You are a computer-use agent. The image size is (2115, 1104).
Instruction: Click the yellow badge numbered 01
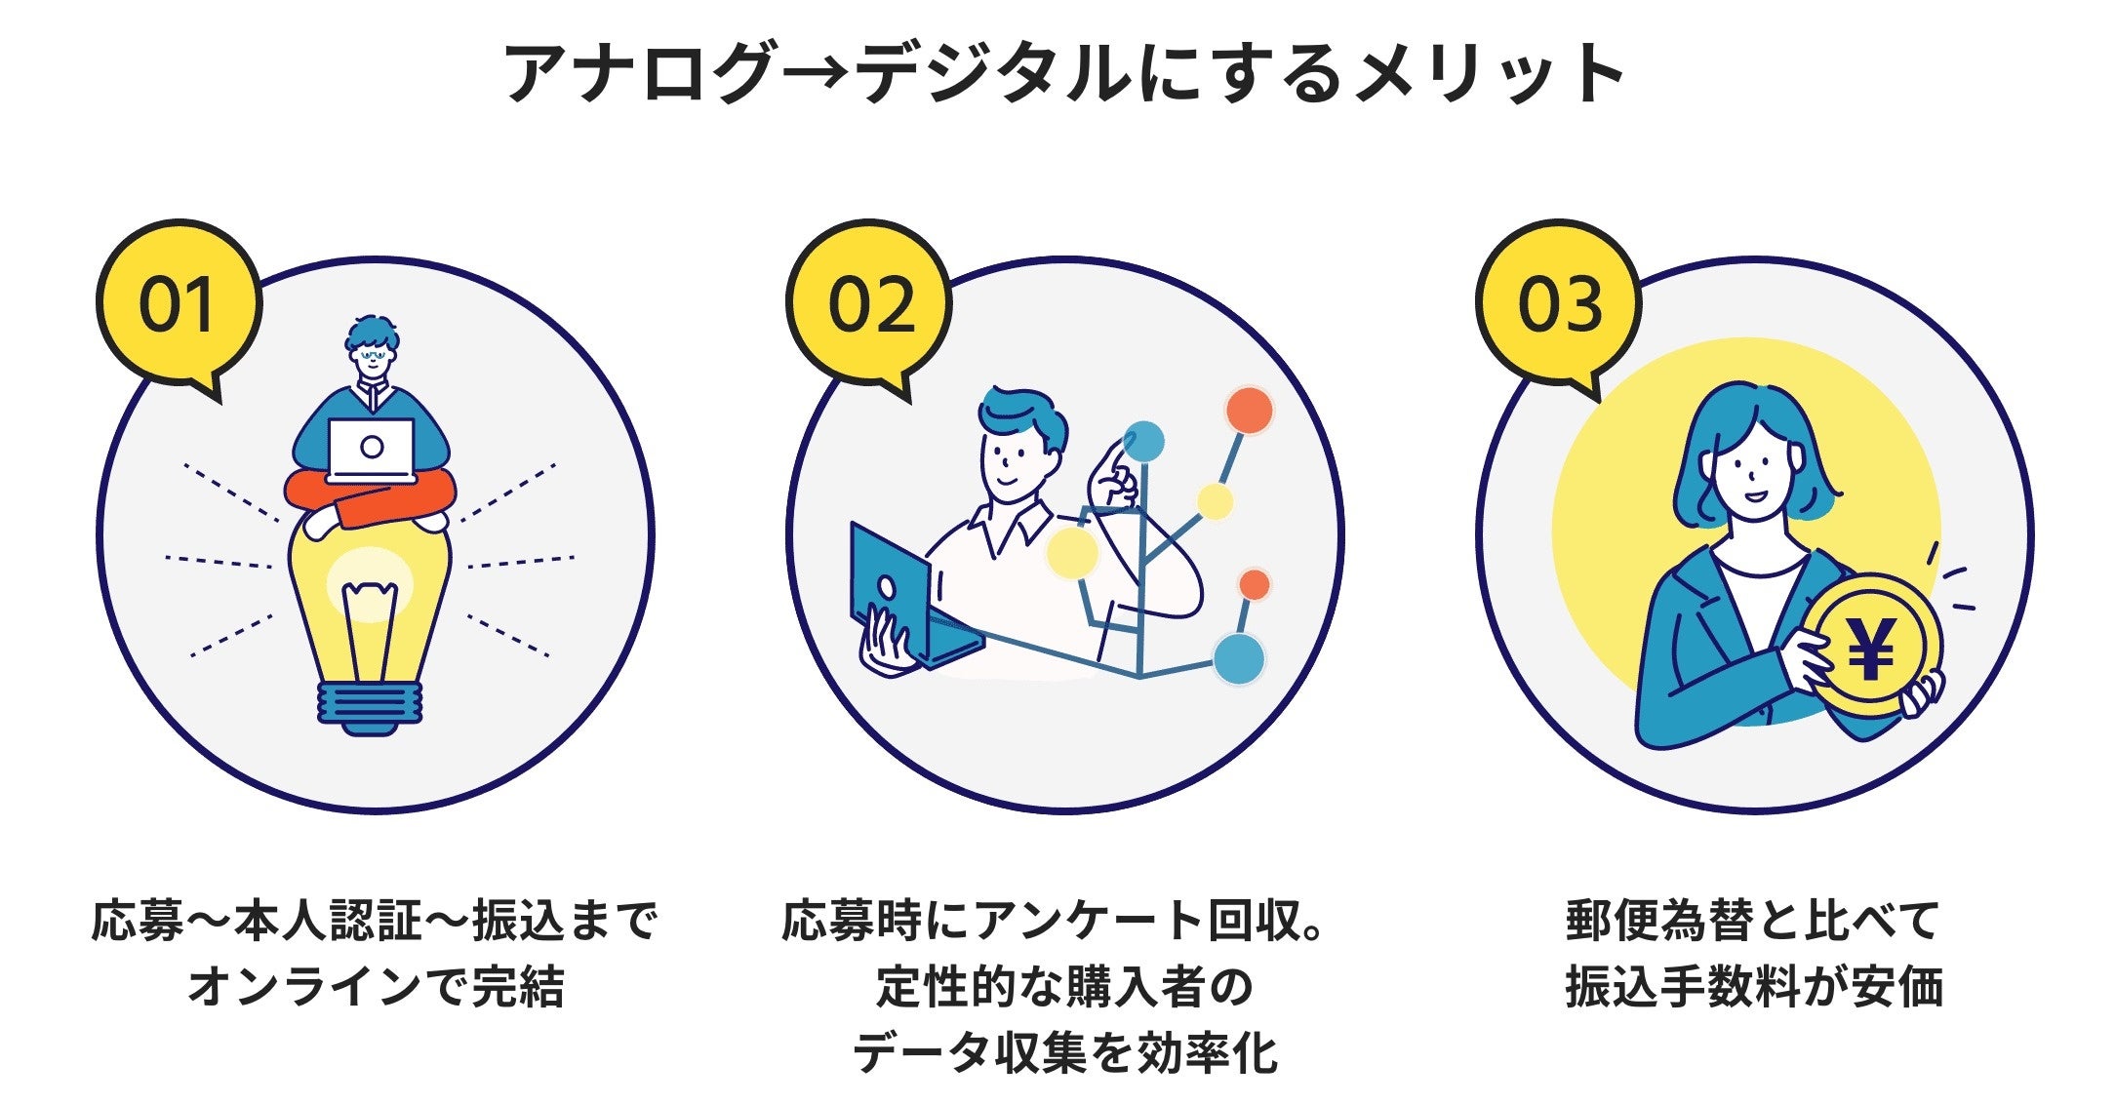(x=178, y=304)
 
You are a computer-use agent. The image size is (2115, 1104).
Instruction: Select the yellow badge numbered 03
(x=1559, y=304)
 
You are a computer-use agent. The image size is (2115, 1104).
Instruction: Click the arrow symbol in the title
(x=815, y=73)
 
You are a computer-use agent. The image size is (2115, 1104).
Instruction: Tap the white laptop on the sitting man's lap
(x=371, y=450)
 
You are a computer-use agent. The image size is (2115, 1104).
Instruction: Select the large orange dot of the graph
(x=1249, y=411)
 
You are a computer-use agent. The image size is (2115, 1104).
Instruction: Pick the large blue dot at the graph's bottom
(x=1238, y=657)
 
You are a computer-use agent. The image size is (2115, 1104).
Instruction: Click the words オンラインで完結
(x=376, y=987)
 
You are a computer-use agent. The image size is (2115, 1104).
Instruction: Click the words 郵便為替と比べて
(x=1753, y=921)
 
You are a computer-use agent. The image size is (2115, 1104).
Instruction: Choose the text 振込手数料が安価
(x=1753, y=987)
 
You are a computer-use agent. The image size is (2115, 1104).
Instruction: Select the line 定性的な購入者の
(x=1063, y=987)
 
